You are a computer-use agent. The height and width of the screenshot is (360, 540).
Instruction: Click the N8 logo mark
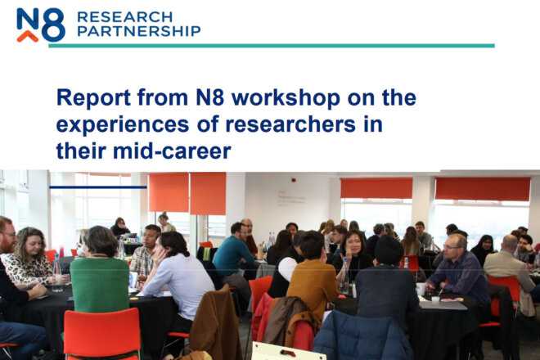pos(41,25)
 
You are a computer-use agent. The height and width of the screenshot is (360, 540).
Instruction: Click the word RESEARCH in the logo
pos(124,16)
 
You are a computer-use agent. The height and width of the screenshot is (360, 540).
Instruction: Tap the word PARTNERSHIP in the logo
pos(139,31)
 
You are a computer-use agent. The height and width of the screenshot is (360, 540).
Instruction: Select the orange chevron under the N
pos(28,36)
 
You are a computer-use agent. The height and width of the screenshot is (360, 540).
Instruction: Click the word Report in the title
pos(93,97)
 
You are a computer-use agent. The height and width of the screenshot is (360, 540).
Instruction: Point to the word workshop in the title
pos(286,97)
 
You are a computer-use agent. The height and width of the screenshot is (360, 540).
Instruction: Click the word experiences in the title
pos(123,124)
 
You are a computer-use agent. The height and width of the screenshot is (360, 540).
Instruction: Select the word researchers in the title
pos(290,124)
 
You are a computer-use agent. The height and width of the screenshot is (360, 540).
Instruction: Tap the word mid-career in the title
pos(172,151)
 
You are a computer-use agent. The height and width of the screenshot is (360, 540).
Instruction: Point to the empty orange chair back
pos(102,332)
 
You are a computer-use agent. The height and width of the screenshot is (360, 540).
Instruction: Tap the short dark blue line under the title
pos(98,187)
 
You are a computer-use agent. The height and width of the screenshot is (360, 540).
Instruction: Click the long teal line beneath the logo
pos(272,46)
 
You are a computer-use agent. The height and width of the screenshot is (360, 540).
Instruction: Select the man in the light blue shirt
pos(176,276)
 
